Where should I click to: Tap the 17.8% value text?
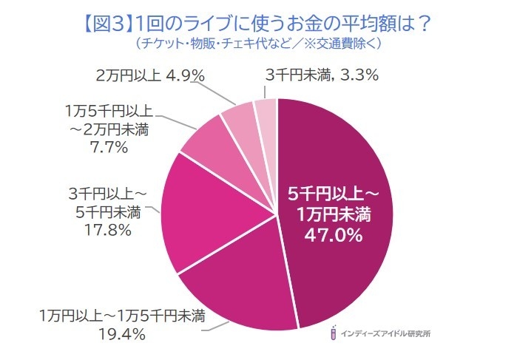[109, 231]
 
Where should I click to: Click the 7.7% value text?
[109, 146]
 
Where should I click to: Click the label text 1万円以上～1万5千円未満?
[122, 318]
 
